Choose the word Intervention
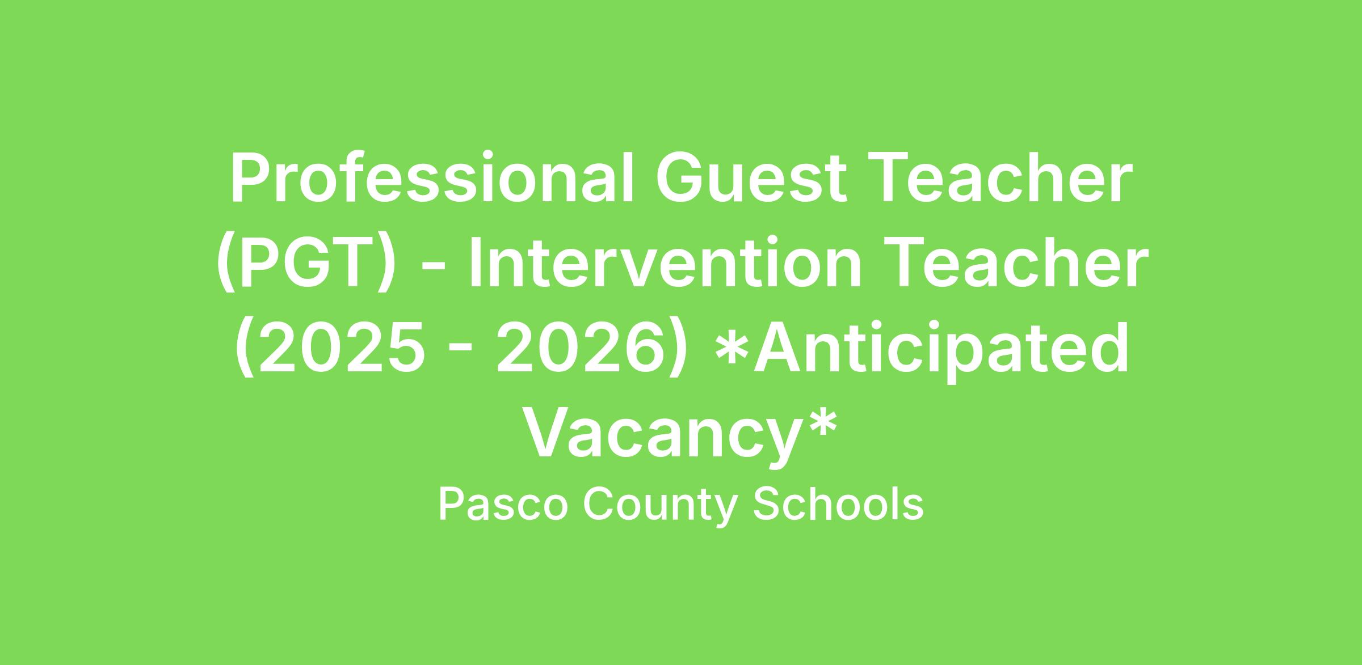click(x=665, y=263)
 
